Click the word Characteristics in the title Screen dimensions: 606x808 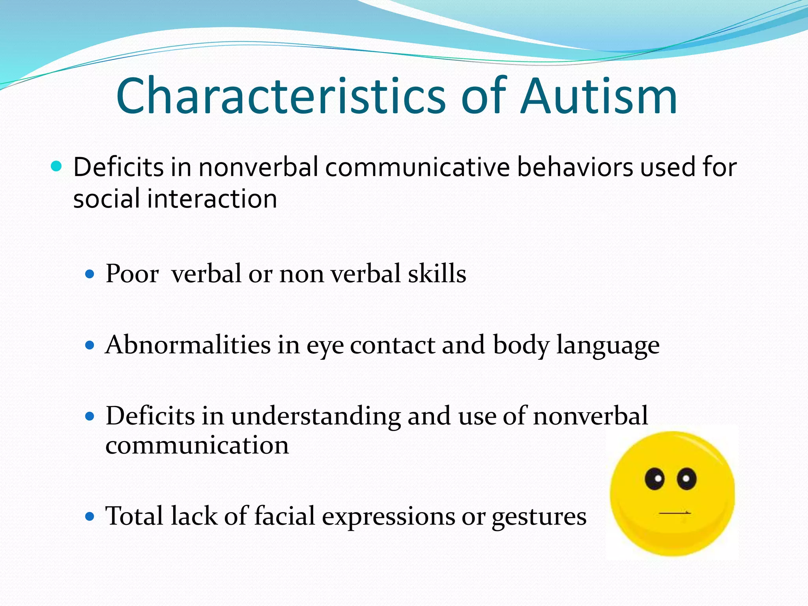tap(281, 97)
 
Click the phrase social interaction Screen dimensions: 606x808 tap(175, 198)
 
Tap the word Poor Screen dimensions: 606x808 tap(132, 273)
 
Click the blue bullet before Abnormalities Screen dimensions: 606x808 tap(90, 346)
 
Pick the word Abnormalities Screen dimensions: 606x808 tap(188, 345)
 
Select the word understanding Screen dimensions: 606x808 tap(316, 417)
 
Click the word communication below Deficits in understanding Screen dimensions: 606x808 tap(197, 446)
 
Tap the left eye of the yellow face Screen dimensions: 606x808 tap(655, 479)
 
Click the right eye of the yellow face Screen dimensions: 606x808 tap(686, 479)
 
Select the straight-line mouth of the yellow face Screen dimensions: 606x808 tap(675, 513)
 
